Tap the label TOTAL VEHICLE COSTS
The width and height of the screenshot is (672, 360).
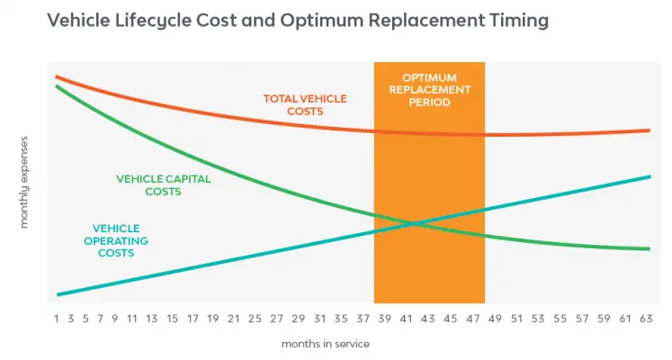pos(304,104)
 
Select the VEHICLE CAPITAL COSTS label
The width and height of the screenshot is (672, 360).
pos(163,184)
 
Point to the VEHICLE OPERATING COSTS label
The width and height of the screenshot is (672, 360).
pos(117,240)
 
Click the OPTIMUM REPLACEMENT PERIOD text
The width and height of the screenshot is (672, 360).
pos(428,90)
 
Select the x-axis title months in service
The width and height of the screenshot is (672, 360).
pos(325,344)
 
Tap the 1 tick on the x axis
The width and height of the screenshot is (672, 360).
pos(56,318)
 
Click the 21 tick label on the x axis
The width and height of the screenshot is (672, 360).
pos(233,318)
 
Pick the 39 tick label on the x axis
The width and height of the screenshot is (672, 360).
pos(385,318)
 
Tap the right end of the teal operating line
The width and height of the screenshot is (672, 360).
pos(649,176)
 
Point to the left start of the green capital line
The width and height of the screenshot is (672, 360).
pos(57,86)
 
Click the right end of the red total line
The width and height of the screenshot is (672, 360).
pos(649,130)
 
